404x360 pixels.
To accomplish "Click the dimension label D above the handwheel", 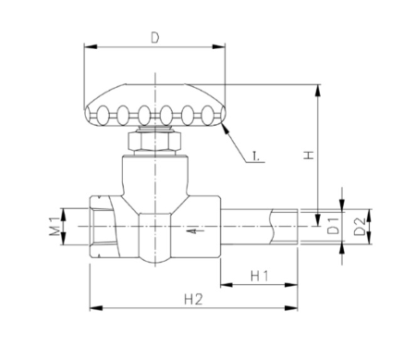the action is click(155, 38).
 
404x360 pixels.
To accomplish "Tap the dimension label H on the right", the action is click(309, 155).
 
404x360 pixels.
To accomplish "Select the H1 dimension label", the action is click(260, 276).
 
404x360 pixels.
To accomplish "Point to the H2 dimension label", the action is click(193, 299).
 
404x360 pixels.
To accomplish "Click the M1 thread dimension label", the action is click(55, 227).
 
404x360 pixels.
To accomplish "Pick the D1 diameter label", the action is click(334, 226).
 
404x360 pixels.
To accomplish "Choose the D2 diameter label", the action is click(360, 227).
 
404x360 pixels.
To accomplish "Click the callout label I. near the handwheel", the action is click(256, 156).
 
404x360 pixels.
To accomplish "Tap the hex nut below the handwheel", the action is click(154, 142).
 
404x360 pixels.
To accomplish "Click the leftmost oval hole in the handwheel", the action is click(103, 115).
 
